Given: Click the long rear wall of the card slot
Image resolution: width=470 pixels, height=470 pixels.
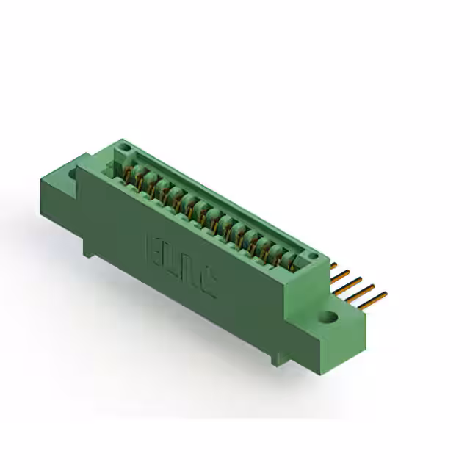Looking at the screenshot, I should (x=220, y=195).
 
